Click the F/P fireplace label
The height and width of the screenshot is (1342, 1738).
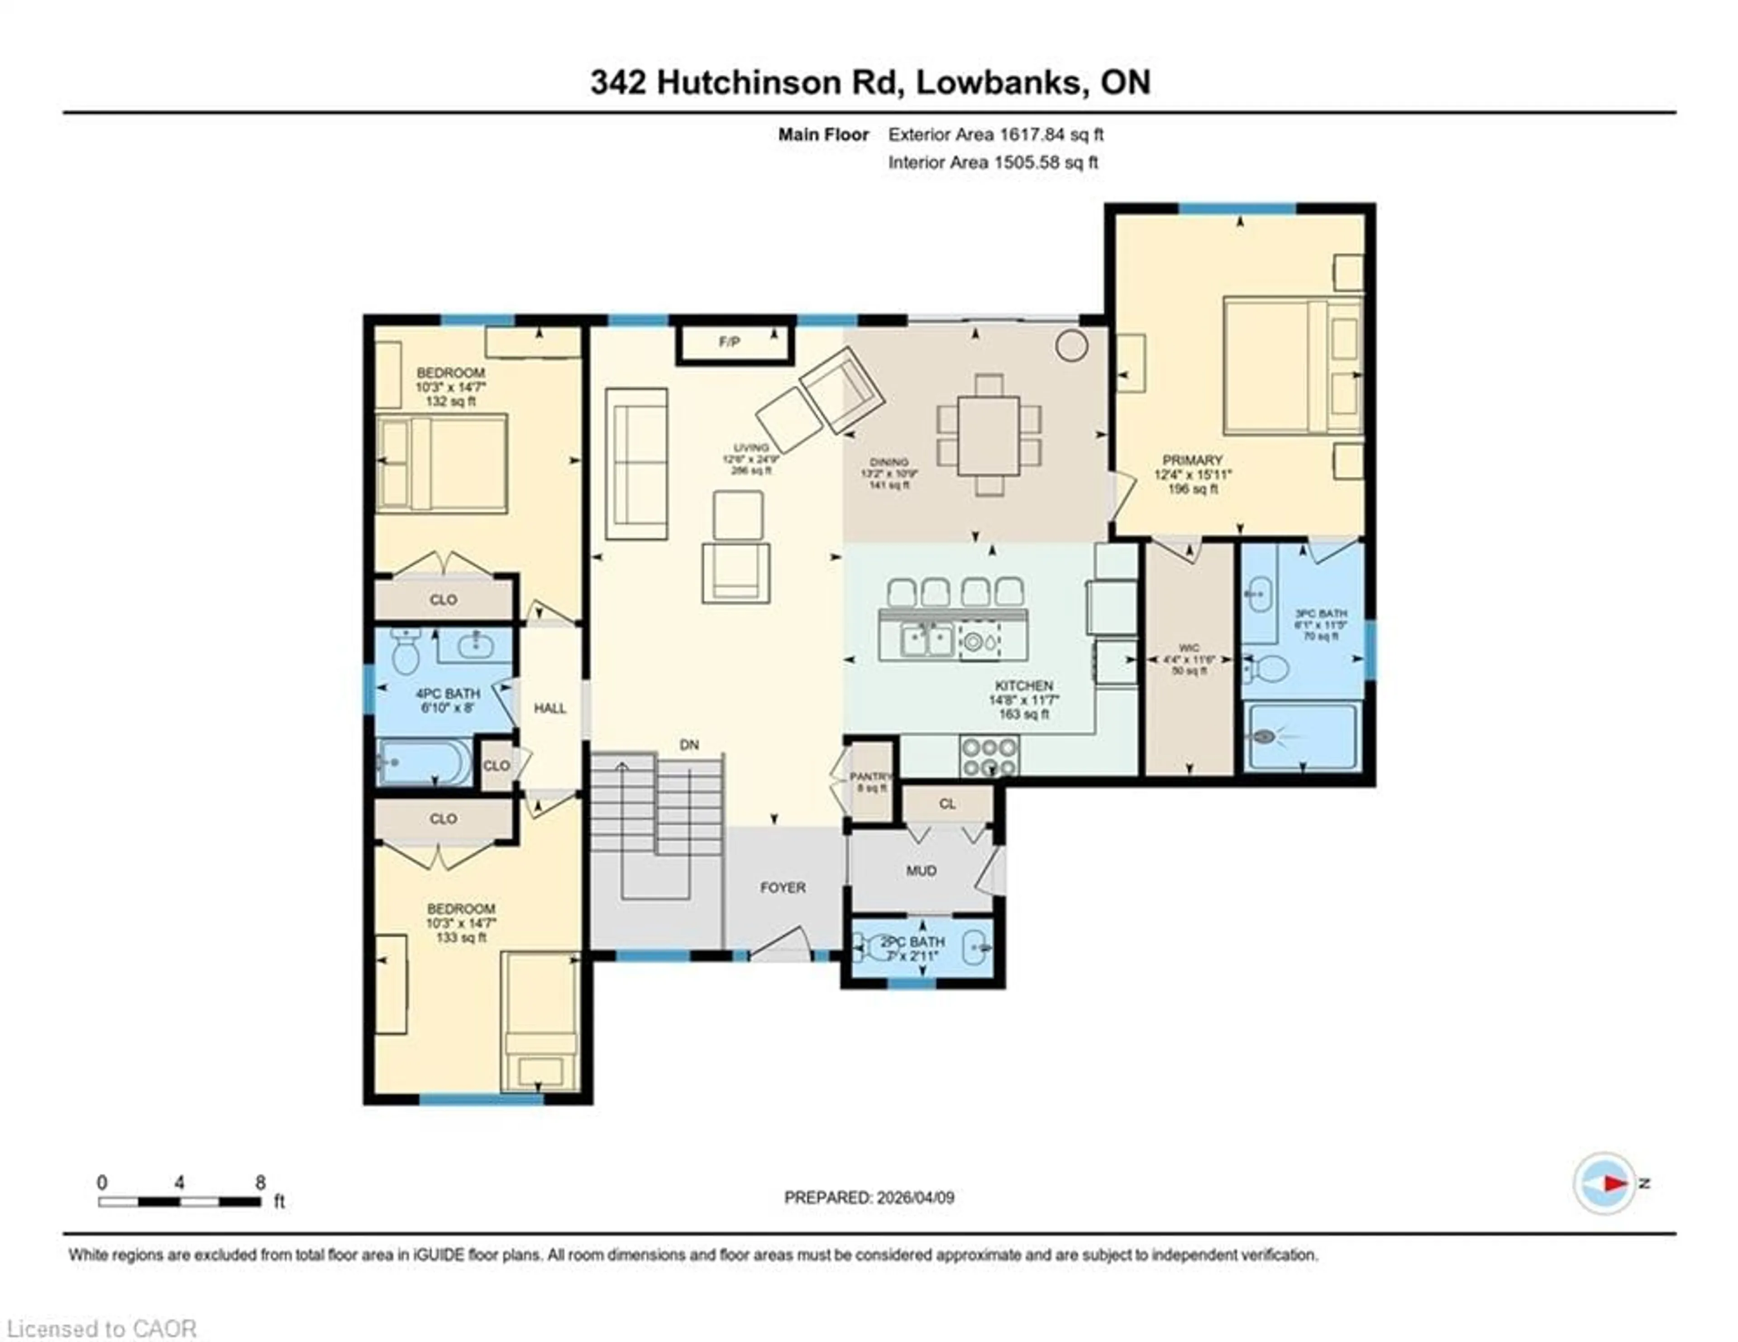pos(729,342)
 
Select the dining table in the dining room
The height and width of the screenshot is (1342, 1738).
pos(988,436)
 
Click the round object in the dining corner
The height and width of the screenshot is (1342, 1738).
pos(1071,345)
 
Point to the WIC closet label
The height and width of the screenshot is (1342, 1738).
pos(1189,648)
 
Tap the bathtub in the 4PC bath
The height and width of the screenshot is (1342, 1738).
pos(423,762)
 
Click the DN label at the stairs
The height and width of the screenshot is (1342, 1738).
pos(689,745)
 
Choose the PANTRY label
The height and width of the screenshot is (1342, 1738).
pos(871,776)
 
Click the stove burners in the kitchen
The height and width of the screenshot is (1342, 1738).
pos(989,756)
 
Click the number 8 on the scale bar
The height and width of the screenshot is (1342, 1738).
pos(260,1183)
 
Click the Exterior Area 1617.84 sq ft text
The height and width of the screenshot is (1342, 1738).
pos(996,134)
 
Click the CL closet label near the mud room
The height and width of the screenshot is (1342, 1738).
pos(947,804)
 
